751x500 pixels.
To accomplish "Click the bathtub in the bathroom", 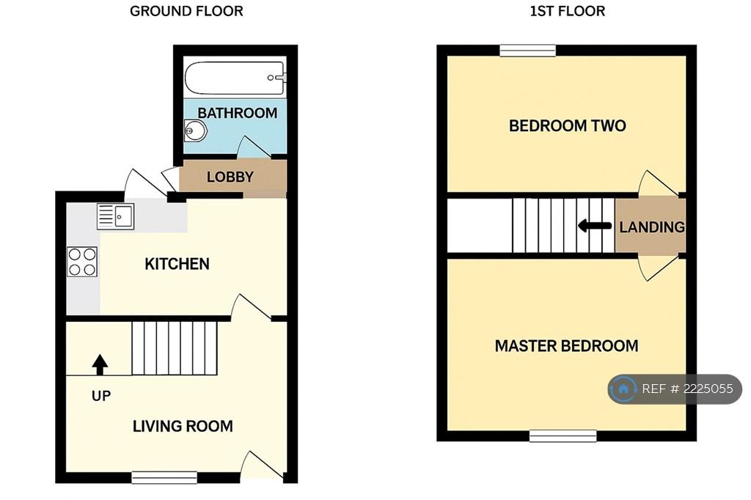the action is pyautogui.click(x=235, y=78).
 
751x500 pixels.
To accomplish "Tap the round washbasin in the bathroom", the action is pyautogui.click(x=195, y=130).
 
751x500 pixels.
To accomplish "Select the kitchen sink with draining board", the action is pyautogui.click(x=115, y=216).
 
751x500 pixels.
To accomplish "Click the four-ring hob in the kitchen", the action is pyautogui.click(x=82, y=262).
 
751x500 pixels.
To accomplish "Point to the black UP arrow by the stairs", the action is pyautogui.click(x=100, y=364).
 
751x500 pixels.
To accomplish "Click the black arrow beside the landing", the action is pyautogui.click(x=595, y=226).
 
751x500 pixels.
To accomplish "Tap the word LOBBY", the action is pyautogui.click(x=230, y=177).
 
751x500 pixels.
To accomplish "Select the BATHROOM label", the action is pyautogui.click(x=237, y=113).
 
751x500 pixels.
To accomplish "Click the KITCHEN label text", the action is pyautogui.click(x=177, y=264).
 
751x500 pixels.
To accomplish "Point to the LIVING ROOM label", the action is pyautogui.click(x=183, y=426).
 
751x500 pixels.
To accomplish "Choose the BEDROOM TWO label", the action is pyautogui.click(x=567, y=125).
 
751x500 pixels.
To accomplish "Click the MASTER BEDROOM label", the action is pyautogui.click(x=567, y=346).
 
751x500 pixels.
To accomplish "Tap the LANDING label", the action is pyautogui.click(x=652, y=227).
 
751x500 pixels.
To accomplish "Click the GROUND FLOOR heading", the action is pyautogui.click(x=186, y=11).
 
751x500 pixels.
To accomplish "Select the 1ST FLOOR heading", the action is pyautogui.click(x=567, y=11).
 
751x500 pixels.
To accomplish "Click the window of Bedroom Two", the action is pyautogui.click(x=528, y=51).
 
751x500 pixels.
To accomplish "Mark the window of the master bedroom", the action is pyautogui.click(x=563, y=435).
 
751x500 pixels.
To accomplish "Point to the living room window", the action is pyautogui.click(x=164, y=477).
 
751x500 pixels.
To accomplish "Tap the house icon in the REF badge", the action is pyautogui.click(x=623, y=389).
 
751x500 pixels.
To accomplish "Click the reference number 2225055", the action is pyautogui.click(x=708, y=389).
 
